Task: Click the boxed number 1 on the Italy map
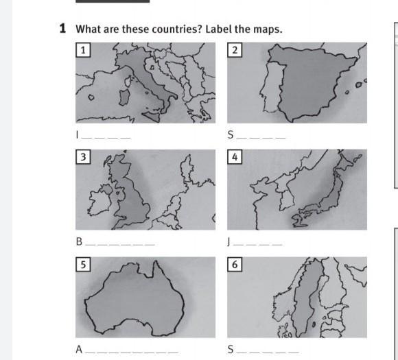[83, 50]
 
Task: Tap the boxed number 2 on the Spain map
[235, 50]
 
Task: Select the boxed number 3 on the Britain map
[83, 157]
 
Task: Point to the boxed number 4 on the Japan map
[235, 157]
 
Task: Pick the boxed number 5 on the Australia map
[83, 265]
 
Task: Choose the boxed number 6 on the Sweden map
[235, 265]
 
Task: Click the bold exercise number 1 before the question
[62, 28]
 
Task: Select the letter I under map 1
[78, 134]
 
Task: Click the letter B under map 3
[79, 241]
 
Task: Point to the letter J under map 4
[229, 242]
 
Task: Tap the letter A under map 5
[79, 349]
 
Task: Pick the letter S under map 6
[231, 349]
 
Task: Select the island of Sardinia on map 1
[124, 97]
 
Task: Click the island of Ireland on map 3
[100, 200]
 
